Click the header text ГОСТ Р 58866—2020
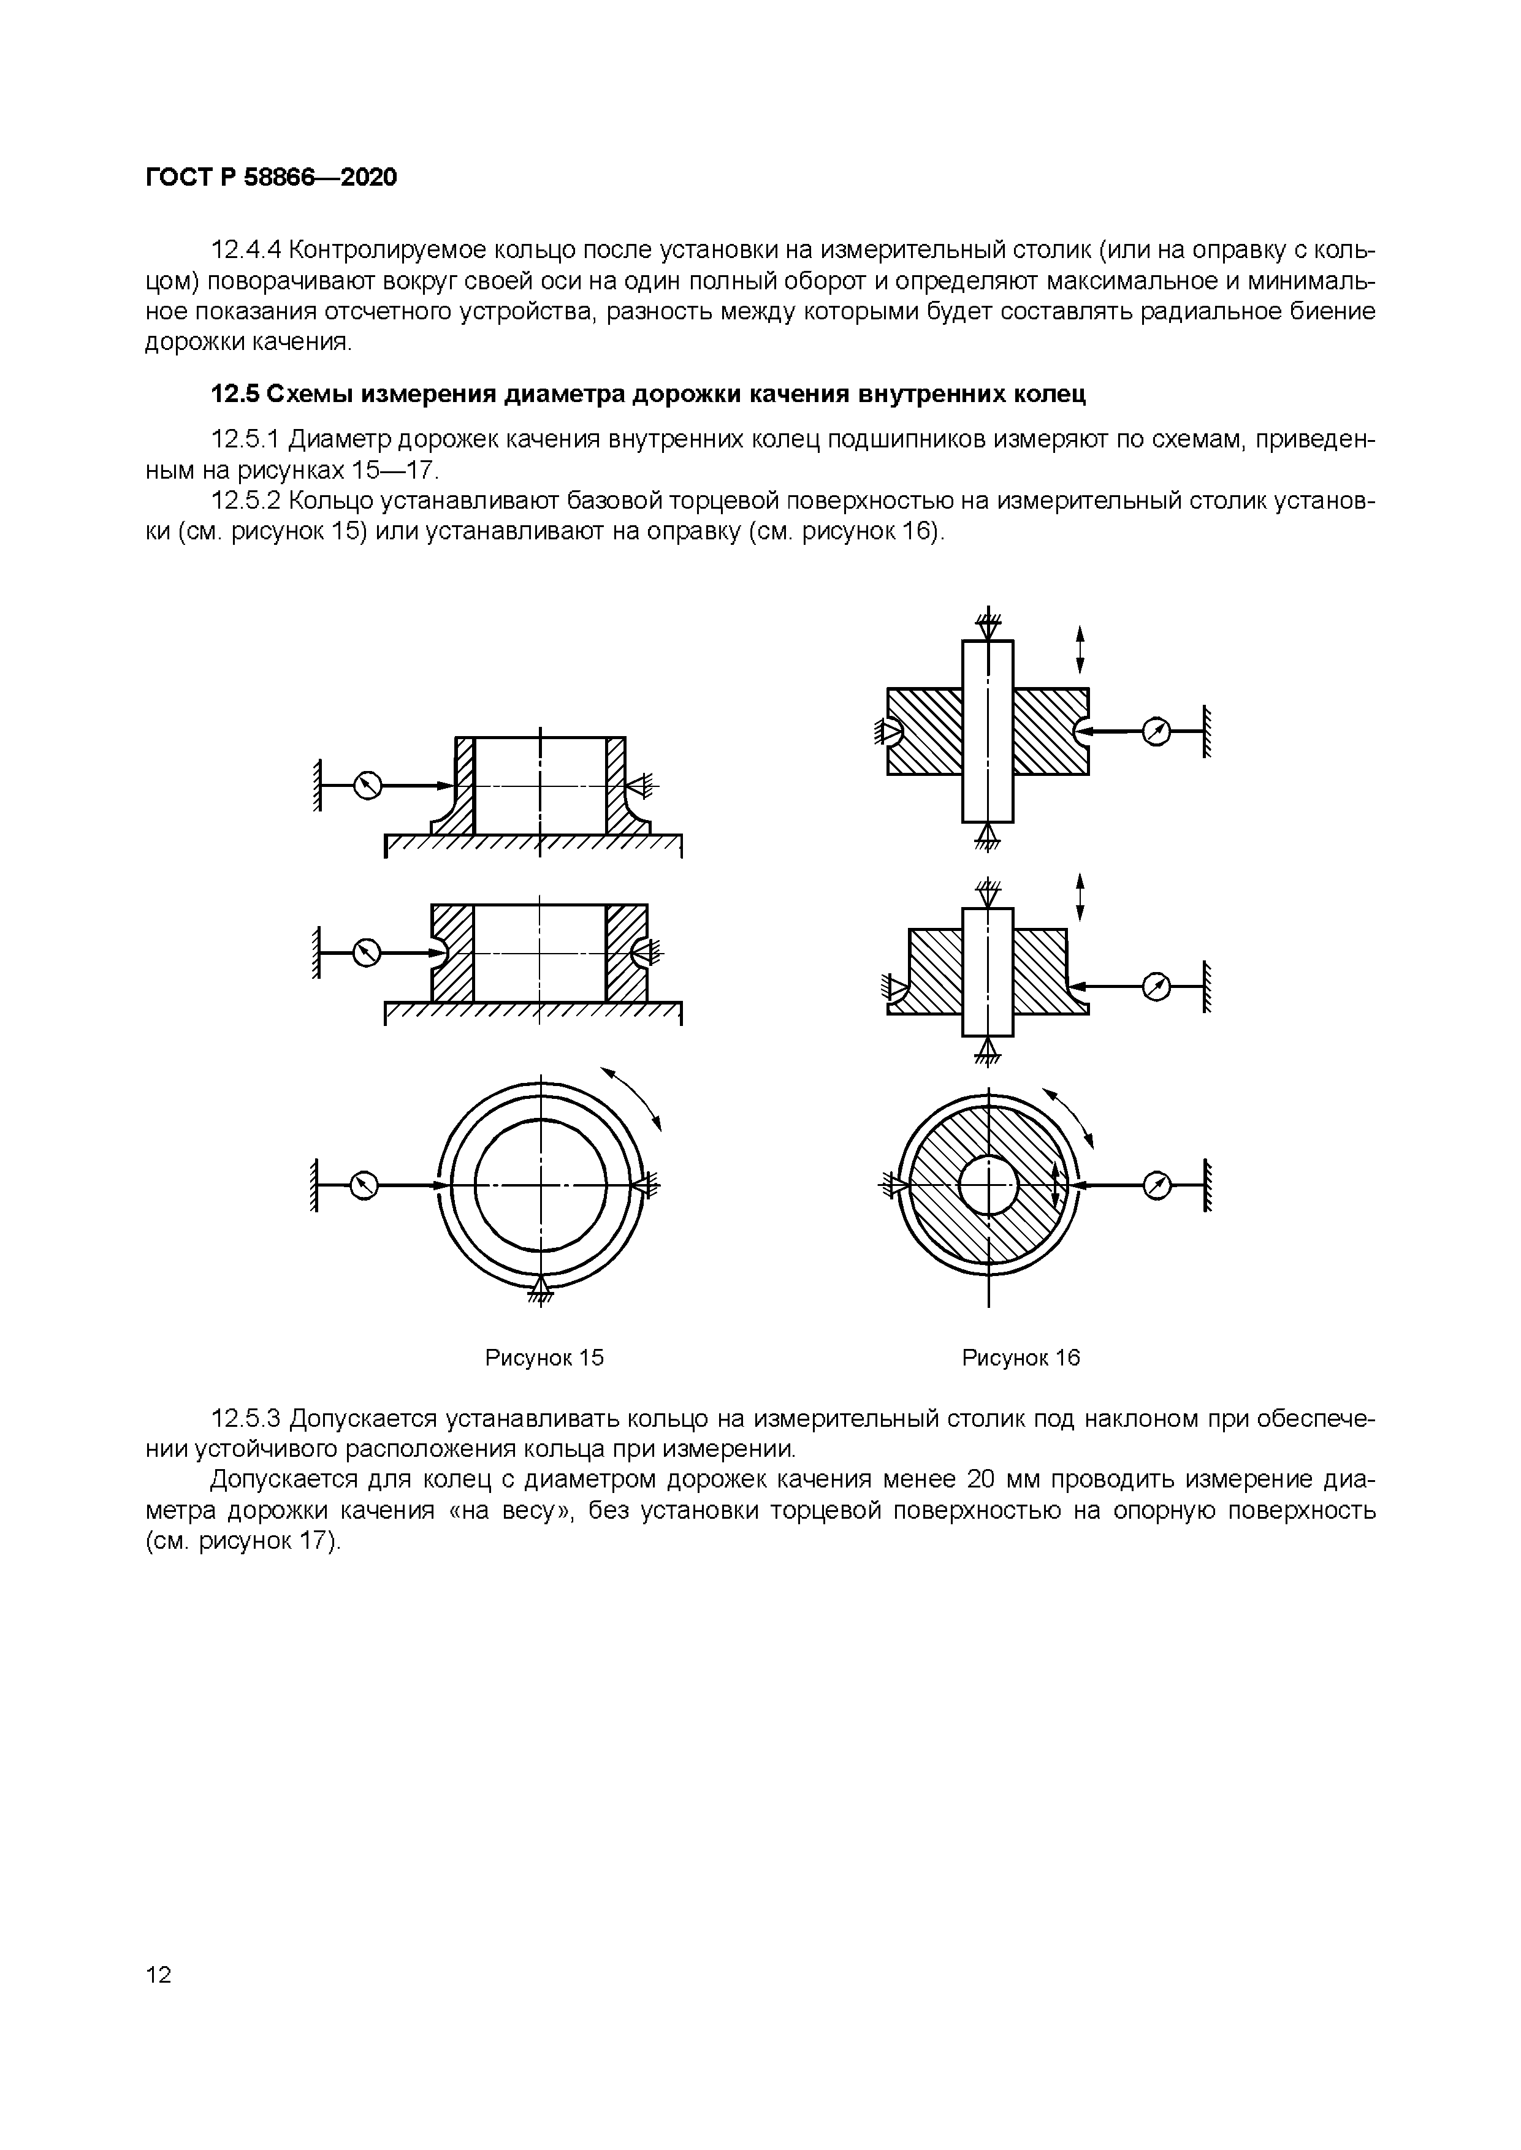tap(271, 177)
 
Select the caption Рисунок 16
tap(1021, 1358)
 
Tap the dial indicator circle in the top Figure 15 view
tap(368, 786)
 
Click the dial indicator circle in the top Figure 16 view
tap(1157, 731)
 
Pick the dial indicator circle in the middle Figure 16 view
tap(1157, 986)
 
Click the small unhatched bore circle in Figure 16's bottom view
tap(988, 1185)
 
